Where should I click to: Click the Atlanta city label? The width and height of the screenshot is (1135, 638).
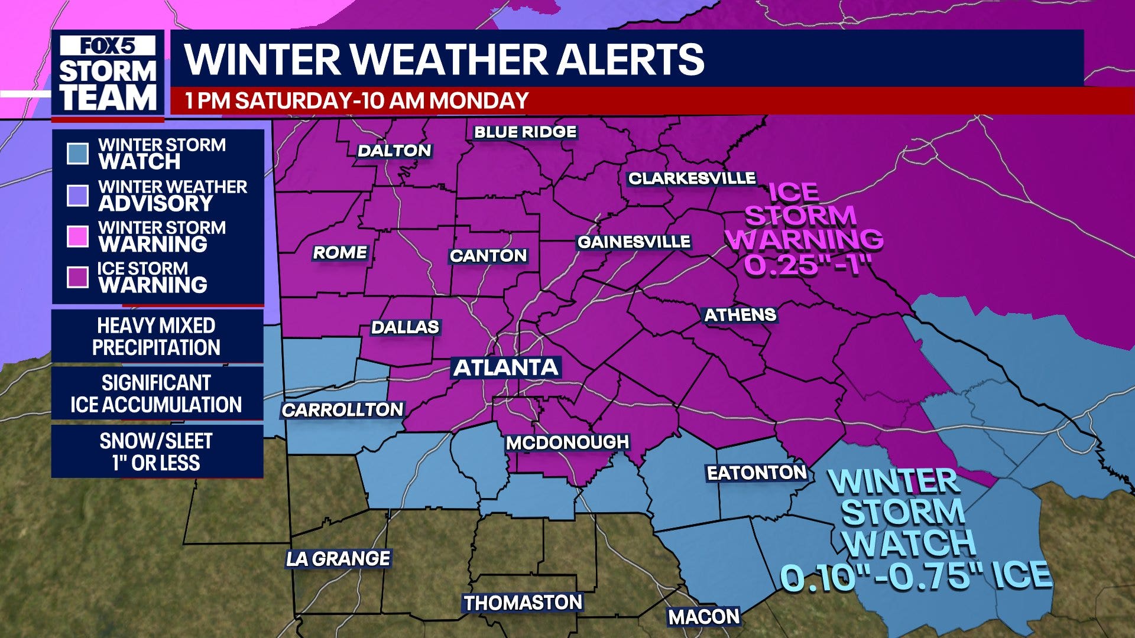pos(506,367)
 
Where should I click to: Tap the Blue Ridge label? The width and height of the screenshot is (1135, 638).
pos(525,132)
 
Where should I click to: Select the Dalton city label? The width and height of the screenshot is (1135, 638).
pos(394,151)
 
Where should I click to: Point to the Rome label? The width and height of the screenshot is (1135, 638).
pos(340,252)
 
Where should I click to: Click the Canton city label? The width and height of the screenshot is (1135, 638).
pos(488,255)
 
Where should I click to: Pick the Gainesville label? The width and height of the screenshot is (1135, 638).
pos(634,242)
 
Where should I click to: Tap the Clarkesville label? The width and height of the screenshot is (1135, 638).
pos(692,178)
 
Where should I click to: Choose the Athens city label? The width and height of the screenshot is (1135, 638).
pos(740,315)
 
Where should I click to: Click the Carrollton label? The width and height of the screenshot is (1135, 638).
pos(342,409)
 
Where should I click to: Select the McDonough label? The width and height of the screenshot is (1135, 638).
pos(567,442)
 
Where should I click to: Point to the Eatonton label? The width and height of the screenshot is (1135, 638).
pos(757,473)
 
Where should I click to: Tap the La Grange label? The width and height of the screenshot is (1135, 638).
pos(338,558)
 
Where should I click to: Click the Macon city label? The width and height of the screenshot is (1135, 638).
pos(703,617)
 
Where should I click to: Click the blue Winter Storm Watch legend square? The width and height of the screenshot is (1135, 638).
pos(77,154)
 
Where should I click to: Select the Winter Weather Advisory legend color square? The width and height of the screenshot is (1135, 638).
pos(77,195)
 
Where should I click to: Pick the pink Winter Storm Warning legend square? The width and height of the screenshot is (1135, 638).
pos(77,236)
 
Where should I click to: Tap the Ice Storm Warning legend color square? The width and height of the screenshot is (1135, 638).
pos(77,277)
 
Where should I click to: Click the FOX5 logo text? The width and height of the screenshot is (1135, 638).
pos(108,46)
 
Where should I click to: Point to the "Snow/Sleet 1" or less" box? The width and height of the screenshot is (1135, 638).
pos(157,451)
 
